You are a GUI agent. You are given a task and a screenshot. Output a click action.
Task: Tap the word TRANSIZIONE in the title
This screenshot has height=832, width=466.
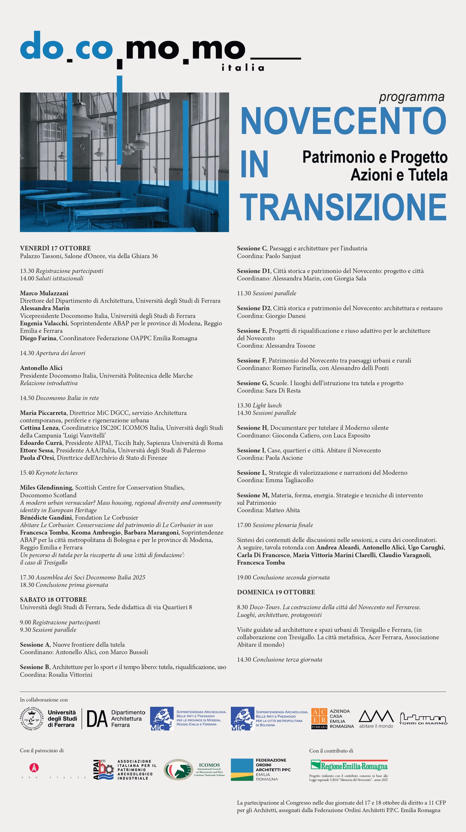[343, 207]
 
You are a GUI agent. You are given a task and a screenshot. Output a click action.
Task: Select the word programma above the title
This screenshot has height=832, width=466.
[412, 96]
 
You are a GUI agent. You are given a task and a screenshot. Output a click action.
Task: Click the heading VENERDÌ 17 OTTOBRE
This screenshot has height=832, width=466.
[55, 248]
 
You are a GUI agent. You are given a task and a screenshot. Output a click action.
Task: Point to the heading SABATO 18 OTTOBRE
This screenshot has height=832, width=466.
[53, 599]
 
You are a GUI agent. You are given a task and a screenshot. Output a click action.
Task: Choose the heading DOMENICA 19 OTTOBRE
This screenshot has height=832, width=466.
[276, 592]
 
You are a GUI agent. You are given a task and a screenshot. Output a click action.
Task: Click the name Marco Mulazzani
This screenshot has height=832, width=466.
[44, 293]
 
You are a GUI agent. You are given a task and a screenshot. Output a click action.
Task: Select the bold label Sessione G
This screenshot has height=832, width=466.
[252, 383]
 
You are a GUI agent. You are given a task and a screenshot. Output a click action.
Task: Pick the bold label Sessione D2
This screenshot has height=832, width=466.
[254, 308]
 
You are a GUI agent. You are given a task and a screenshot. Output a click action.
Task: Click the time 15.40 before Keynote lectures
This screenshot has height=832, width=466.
[27, 473]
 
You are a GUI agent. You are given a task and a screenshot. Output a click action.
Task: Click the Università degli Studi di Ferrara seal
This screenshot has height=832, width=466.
[32, 719]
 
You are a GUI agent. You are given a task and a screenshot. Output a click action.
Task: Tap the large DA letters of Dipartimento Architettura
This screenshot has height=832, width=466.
[97, 719]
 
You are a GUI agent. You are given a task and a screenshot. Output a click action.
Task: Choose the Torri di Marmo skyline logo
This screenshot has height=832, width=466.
[423, 719]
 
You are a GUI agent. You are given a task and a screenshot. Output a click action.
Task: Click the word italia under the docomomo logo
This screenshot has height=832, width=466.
[243, 68]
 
